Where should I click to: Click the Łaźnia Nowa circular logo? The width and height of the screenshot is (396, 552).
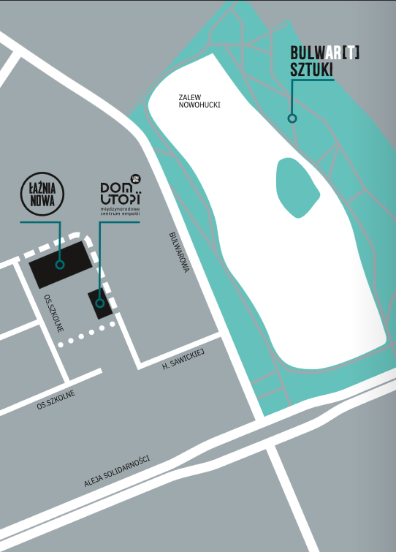point(42,194)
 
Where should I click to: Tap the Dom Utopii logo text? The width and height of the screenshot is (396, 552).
point(121,193)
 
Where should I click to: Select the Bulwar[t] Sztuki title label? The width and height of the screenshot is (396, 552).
point(324,61)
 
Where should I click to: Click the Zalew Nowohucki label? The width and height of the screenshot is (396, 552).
point(199,101)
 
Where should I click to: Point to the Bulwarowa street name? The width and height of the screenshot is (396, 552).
point(179,252)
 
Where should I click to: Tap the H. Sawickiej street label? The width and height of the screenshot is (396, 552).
point(183,359)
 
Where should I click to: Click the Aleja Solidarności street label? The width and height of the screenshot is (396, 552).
point(117,471)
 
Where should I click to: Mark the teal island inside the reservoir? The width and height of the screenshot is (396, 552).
point(297,187)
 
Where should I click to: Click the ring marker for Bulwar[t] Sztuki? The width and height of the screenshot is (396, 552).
point(292,118)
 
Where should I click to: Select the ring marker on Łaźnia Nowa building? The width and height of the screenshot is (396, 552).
point(60,265)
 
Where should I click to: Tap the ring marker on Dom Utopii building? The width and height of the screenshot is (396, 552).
point(100,303)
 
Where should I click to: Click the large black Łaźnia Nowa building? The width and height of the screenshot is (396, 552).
point(61,265)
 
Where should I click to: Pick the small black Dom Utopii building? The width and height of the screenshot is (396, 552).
point(100,304)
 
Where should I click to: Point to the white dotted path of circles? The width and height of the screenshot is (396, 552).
point(86,334)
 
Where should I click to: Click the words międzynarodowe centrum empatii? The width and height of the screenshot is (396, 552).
point(121,211)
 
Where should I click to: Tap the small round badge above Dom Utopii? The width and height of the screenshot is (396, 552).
point(136,179)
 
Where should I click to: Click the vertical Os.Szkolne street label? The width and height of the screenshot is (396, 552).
point(54,314)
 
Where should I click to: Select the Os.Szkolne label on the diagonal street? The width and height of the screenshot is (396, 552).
point(56,400)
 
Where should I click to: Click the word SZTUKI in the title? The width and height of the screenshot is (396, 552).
point(311,69)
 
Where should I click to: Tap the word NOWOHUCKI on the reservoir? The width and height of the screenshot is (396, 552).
point(199,105)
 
